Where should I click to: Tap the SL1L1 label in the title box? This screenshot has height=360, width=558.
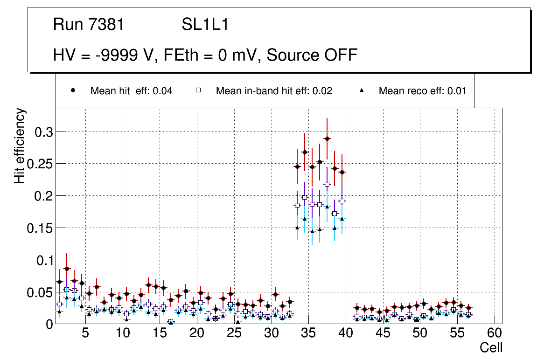[x=205, y=25]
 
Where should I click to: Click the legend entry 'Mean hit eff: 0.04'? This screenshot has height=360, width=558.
[x=131, y=91]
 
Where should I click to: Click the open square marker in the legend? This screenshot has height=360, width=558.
[x=198, y=90]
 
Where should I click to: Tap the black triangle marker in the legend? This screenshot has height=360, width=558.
[x=362, y=90]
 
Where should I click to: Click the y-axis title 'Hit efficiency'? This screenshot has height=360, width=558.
[x=20, y=146]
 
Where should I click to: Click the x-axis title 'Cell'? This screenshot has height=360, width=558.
[x=491, y=347]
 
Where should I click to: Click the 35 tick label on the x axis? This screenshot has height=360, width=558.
[x=308, y=333]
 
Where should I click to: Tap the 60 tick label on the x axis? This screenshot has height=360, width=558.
[x=495, y=333]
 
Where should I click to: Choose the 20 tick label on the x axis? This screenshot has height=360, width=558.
[x=197, y=333]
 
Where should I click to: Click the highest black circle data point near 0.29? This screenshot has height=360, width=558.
[x=327, y=138]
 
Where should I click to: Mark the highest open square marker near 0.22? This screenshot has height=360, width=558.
[x=327, y=184]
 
